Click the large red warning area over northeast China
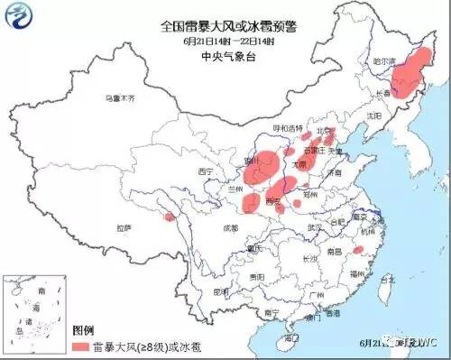(x=411, y=75)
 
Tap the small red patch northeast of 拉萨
(x=168, y=216)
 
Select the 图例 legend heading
(x=83, y=331)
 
